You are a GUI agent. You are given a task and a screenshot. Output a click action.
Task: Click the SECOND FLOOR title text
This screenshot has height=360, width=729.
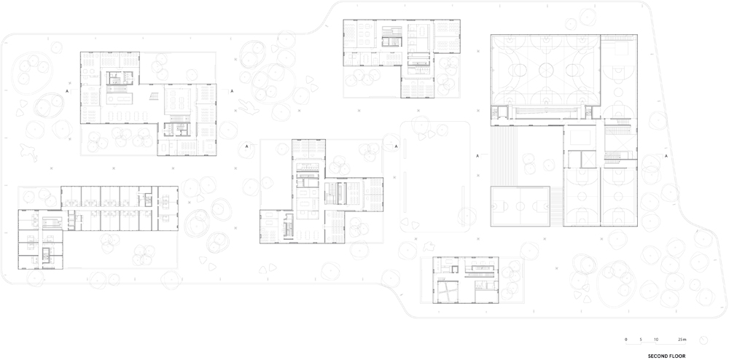(x=666, y=356)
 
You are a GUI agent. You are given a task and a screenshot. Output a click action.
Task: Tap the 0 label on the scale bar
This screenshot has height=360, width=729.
(x=625, y=340)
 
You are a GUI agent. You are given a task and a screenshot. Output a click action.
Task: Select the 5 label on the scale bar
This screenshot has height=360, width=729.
(x=641, y=340)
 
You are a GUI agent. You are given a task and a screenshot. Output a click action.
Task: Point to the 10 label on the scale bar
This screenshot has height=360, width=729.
(x=656, y=340)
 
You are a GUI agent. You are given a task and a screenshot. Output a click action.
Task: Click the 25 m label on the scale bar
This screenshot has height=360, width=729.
(x=682, y=340)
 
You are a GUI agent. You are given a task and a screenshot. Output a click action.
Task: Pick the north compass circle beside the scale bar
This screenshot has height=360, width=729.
(x=704, y=340)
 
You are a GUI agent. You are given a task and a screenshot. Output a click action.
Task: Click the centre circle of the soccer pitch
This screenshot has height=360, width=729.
(x=520, y=206)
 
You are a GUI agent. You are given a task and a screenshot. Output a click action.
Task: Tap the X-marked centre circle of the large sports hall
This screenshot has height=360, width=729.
(x=545, y=70)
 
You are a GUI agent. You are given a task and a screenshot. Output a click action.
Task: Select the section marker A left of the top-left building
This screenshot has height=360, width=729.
(x=67, y=92)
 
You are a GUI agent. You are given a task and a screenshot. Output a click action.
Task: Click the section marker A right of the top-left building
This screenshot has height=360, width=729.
(x=232, y=92)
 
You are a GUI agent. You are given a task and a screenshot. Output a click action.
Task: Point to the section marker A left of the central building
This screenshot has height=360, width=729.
(x=247, y=146)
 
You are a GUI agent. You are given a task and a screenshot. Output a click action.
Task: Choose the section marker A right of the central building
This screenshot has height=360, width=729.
(x=396, y=146)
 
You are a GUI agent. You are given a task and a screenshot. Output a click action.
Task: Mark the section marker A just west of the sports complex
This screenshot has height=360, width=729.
(x=477, y=156)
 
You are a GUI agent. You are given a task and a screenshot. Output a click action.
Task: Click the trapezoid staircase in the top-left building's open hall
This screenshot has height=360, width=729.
(x=153, y=96)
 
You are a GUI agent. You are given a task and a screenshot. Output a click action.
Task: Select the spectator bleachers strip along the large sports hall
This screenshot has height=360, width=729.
(x=545, y=111)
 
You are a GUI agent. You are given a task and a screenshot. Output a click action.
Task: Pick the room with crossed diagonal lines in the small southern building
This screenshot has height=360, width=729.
(x=448, y=291)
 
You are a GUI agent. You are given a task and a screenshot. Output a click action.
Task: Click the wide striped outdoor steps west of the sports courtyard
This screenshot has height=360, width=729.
(x=504, y=156)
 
